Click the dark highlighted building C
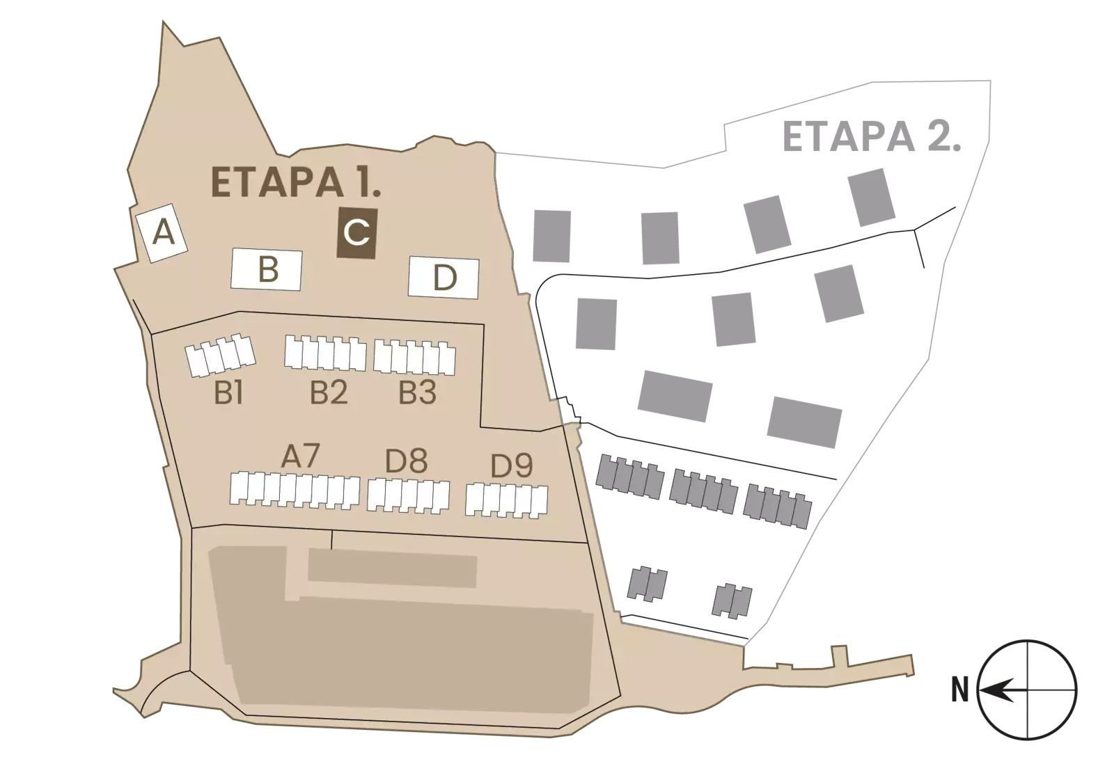click(356, 234)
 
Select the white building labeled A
click(162, 233)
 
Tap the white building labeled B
click(267, 269)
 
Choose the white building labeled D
click(444, 278)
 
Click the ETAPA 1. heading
click(296, 182)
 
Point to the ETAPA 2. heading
click(872, 136)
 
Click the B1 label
click(229, 393)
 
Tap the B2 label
click(329, 392)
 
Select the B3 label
click(418, 392)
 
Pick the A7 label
click(300, 456)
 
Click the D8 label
click(407, 461)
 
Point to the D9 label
click(512, 465)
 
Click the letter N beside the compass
click(960, 690)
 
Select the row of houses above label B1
click(220, 355)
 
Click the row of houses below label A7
click(295, 491)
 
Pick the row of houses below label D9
click(507, 501)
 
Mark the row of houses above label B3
click(414, 358)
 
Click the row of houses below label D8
click(408, 495)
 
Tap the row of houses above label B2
click(325, 353)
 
